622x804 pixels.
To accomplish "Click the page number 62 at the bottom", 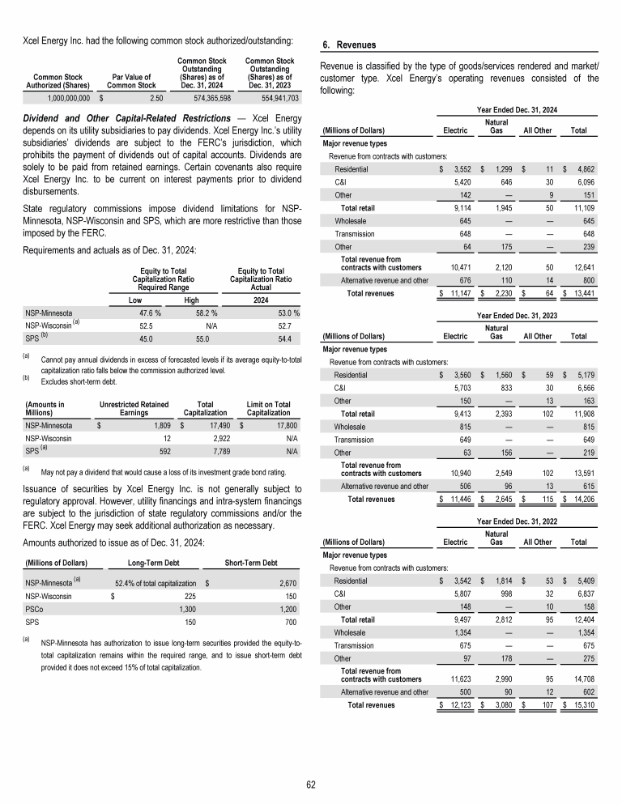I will [x=311, y=785].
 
